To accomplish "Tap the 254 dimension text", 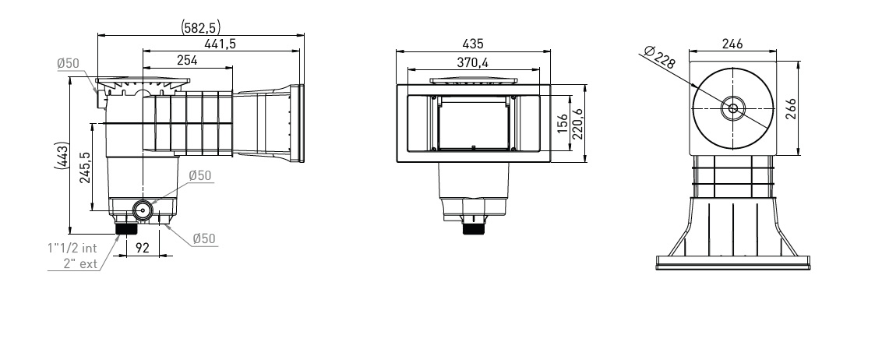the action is pos(187,60).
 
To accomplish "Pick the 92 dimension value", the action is pos(143,247).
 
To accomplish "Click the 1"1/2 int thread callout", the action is pos(72,248).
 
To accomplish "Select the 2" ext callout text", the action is pos(80,263).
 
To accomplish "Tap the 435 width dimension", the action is pos(472,44).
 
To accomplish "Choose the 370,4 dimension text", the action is pos(472,62).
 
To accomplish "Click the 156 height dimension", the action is pos(563,124).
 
